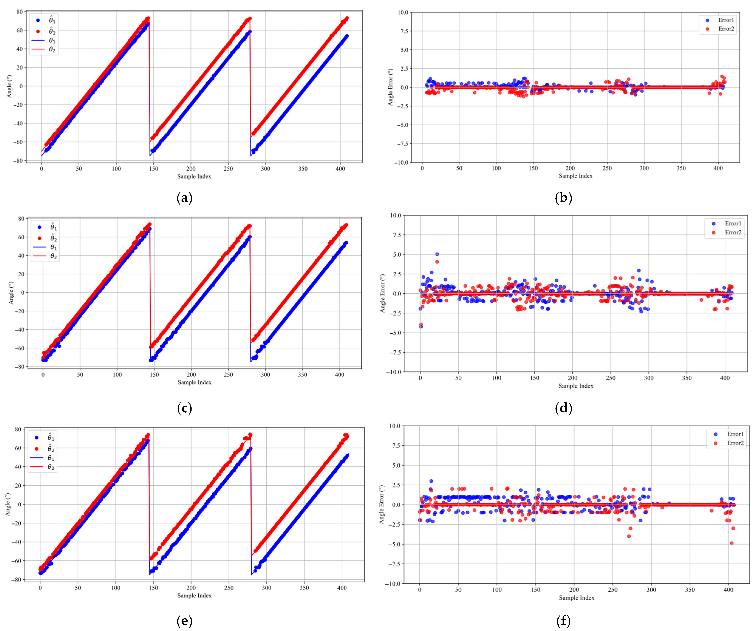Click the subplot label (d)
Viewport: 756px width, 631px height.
pos(563,408)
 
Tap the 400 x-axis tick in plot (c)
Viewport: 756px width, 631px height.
pos(339,374)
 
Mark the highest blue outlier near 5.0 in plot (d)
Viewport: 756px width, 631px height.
pos(437,254)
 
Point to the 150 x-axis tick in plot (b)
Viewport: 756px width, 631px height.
pos(533,168)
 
